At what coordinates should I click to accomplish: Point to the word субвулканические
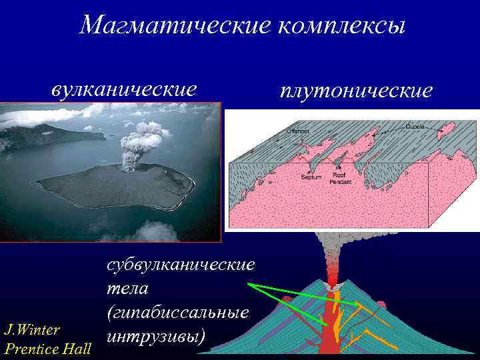click(x=181, y=265)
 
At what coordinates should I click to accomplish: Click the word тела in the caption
click(x=127, y=289)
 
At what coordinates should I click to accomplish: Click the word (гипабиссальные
click(x=177, y=312)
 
